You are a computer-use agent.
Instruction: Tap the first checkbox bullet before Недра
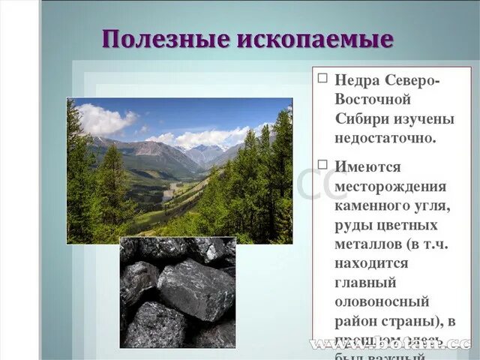click(x=322, y=78)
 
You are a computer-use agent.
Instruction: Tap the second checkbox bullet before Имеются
click(x=322, y=164)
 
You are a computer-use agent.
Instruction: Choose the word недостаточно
click(x=385, y=139)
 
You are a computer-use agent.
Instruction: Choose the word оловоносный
click(x=382, y=302)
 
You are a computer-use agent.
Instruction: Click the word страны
click(x=412, y=322)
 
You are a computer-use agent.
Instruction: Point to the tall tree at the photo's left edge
click(x=77, y=176)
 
